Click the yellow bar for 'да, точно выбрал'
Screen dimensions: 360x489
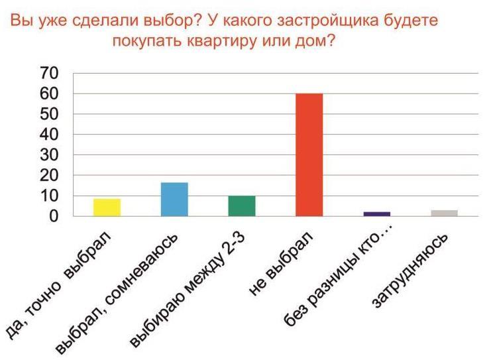pyautogui.click(x=107, y=208)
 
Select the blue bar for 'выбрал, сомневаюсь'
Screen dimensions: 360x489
pyautogui.click(x=174, y=199)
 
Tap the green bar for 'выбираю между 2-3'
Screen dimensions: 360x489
pyautogui.click(x=242, y=206)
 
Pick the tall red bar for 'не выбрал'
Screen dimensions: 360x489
pyautogui.click(x=309, y=154)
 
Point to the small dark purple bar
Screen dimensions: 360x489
pyautogui.click(x=376, y=213)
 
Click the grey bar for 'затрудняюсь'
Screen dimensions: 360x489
pyautogui.click(x=444, y=213)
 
